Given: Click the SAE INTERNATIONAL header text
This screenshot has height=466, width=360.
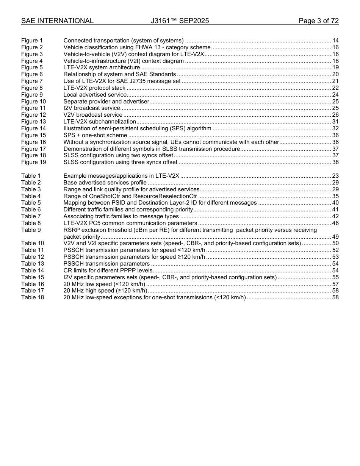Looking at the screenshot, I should [x=57, y=21].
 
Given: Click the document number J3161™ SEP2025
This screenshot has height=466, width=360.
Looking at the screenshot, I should [x=180, y=21].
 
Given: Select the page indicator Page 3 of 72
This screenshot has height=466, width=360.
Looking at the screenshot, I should [x=318, y=21].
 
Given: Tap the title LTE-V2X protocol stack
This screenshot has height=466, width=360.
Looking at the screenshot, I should [x=94, y=88].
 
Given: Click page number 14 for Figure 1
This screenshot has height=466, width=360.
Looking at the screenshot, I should [x=335, y=41].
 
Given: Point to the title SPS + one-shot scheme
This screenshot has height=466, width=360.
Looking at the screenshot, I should [x=95, y=135].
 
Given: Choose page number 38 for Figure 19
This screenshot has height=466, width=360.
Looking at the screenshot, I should [x=335, y=162].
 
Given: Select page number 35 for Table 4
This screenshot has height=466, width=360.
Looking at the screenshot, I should [x=335, y=196].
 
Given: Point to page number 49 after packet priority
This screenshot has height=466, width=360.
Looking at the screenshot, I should [x=335, y=237].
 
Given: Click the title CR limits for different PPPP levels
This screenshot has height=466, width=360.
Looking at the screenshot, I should [x=108, y=271].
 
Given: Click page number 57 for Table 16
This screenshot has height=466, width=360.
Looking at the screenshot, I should [x=335, y=284].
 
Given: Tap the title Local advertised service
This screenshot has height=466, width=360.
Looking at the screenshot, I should [x=95, y=95].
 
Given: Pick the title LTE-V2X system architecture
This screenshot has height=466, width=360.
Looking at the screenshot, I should [x=102, y=67].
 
